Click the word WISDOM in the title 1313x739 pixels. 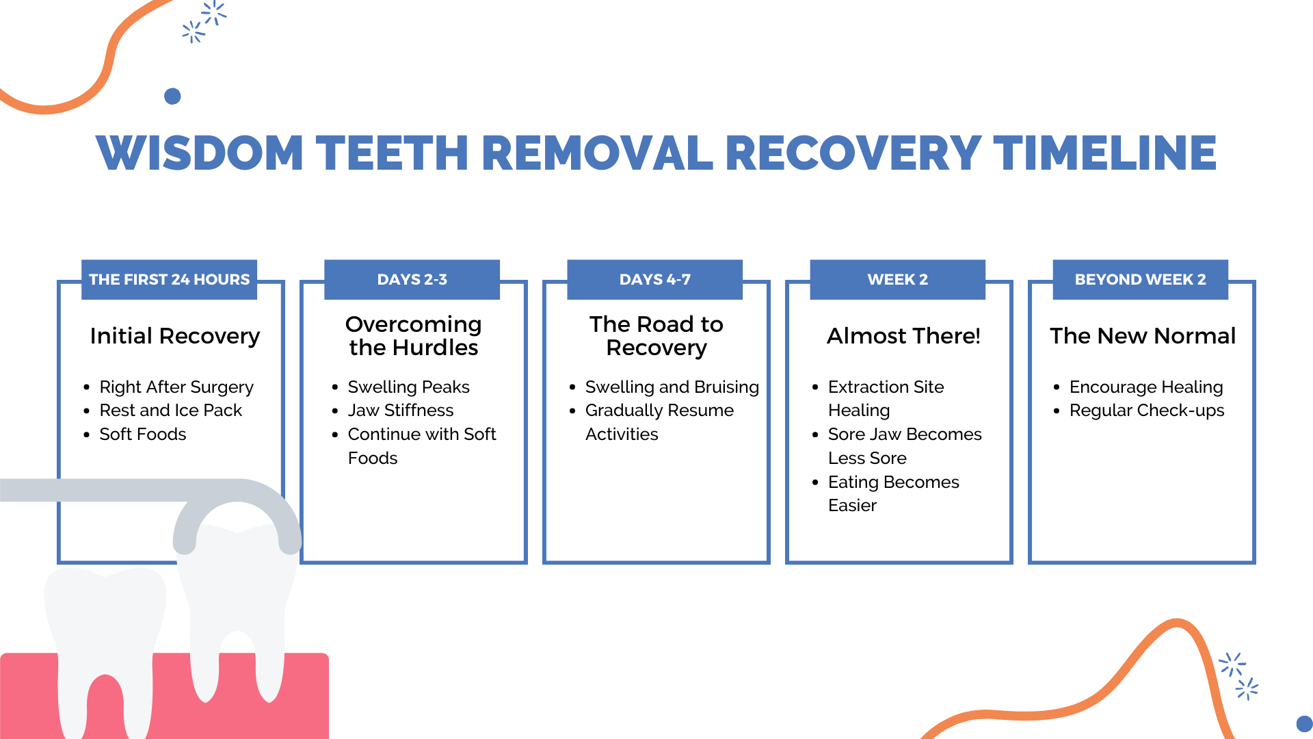pyautogui.click(x=200, y=153)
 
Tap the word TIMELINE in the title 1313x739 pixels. pyautogui.click(x=1104, y=153)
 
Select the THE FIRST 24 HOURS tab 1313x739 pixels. pyautogui.click(x=169, y=279)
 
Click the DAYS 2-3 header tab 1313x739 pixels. pyautogui.click(x=412, y=279)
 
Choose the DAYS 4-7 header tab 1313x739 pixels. pyautogui.click(x=654, y=279)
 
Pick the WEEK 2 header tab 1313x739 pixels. pyautogui.click(x=897, y=279)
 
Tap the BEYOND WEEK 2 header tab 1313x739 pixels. pyautogui.click(x=1140, y=279)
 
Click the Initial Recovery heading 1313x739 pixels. pyautogui.click(x=175, y=336)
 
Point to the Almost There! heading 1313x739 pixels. pyautogui.click(x=903, y=336)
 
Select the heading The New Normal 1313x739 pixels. pyautogui.click(x=1143, y=336)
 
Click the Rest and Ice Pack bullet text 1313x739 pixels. pyautogui.click(x=170, y=411)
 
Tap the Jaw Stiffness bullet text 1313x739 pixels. pyautogui.click(x=400, y=411)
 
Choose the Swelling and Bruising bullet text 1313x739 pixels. pyautogui.click(x=672, y=387)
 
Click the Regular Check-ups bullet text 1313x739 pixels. pyautogui.click(x=1147, y=411)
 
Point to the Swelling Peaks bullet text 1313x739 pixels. pyautogui.click(x=408, y=387)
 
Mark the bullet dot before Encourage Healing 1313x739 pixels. pyautogui.click(x=1057, y=387)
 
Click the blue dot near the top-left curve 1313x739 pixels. pyautogui.click(x=172, y=96)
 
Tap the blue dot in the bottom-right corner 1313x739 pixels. pyautogui.click(x=1304, y=724)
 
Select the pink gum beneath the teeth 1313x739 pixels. pyautogui.click(x=301, y=691)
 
